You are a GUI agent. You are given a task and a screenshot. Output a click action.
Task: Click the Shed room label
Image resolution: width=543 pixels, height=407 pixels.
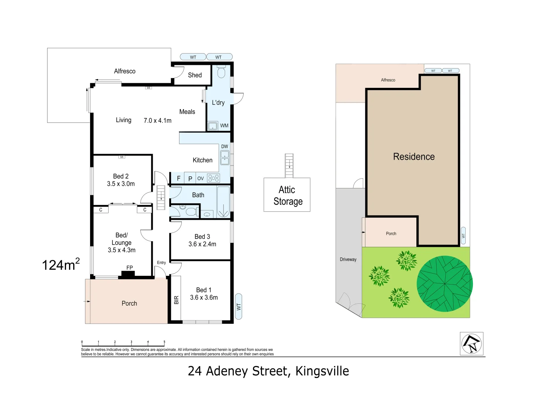point(195,75)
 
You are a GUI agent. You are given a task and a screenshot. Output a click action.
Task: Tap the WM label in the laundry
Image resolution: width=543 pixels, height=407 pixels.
point(224,125)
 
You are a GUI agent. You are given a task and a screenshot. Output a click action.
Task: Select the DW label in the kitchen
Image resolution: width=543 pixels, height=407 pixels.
point(224,147)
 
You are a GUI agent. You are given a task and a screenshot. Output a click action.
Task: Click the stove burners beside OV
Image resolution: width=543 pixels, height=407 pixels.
point(213,178)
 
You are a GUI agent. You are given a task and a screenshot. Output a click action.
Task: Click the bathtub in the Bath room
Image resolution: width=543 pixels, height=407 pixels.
point(223,202)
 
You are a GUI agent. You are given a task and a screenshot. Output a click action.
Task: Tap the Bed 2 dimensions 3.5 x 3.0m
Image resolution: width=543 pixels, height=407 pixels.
point(121,184)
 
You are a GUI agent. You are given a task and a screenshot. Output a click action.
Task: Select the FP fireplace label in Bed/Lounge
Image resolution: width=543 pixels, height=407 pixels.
point(129,268)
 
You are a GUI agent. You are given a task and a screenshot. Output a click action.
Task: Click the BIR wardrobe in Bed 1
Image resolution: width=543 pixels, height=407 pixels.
point(176,300)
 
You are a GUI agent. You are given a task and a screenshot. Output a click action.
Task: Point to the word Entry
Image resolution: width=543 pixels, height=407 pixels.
point(161,263)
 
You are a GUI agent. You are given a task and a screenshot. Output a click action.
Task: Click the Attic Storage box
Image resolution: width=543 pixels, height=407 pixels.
point(287,195)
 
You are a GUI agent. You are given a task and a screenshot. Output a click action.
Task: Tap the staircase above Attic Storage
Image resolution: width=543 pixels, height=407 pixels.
point(289,165)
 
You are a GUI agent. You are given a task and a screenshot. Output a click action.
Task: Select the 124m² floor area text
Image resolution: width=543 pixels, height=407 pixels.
point(60,265)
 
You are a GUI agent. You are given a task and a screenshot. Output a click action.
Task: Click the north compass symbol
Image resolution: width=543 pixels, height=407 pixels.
point(471,344)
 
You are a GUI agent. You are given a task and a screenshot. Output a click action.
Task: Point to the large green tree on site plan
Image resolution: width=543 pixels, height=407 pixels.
point(445,284)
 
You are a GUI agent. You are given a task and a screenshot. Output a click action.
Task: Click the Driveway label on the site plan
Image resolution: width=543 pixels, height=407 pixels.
point(348,259)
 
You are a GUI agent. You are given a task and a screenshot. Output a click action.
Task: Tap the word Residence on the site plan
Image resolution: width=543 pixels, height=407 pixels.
point(414,157)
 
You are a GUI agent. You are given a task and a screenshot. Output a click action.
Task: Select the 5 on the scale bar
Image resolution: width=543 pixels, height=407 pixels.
point(164,342)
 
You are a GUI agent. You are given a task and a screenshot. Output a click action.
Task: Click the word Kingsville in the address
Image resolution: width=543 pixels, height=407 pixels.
point(322,371)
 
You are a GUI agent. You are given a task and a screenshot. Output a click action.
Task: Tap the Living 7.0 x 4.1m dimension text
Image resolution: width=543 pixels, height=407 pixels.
point(157,121)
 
